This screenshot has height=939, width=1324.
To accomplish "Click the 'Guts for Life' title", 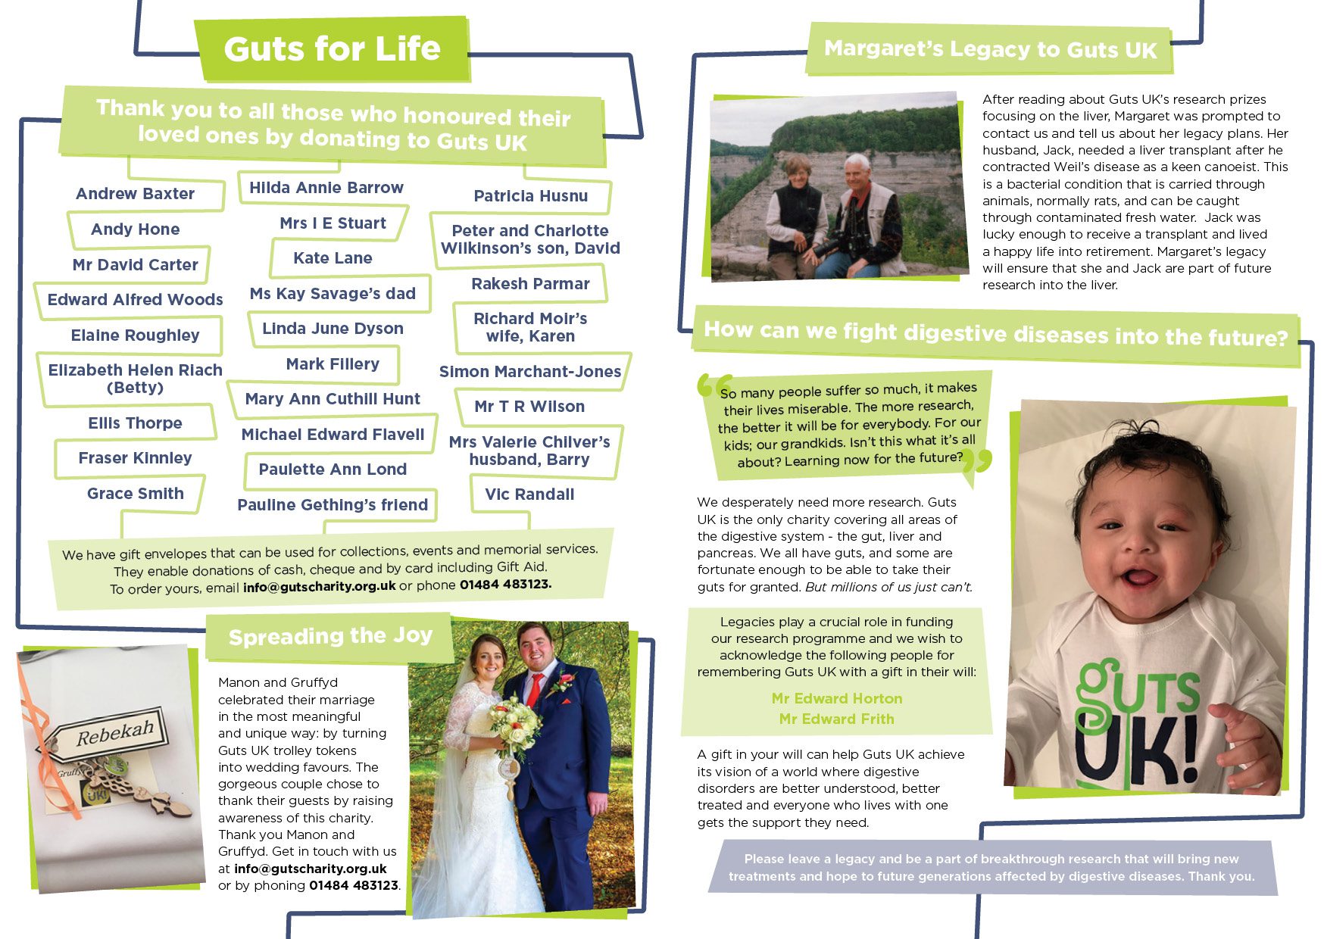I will (332, 49).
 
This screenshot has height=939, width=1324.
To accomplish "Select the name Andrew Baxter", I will (135, 194).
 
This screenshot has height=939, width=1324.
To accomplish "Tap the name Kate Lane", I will (333, 258).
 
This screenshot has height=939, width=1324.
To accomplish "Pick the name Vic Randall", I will (529, 494).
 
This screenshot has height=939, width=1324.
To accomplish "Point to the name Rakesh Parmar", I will (530, 284).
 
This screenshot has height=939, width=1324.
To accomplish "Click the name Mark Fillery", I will (333, 364).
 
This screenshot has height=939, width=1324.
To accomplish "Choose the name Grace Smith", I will (135, 494).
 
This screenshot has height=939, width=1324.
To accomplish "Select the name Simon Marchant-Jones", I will (530, 372).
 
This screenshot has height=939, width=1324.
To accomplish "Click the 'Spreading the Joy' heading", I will (330, 636).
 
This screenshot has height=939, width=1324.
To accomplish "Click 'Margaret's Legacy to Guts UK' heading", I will (990, 49).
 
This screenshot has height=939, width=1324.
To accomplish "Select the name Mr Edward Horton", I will (837, 698).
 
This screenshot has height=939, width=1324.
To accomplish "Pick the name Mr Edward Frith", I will (836, 719).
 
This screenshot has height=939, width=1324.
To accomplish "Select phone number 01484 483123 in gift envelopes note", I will (505, 585).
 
